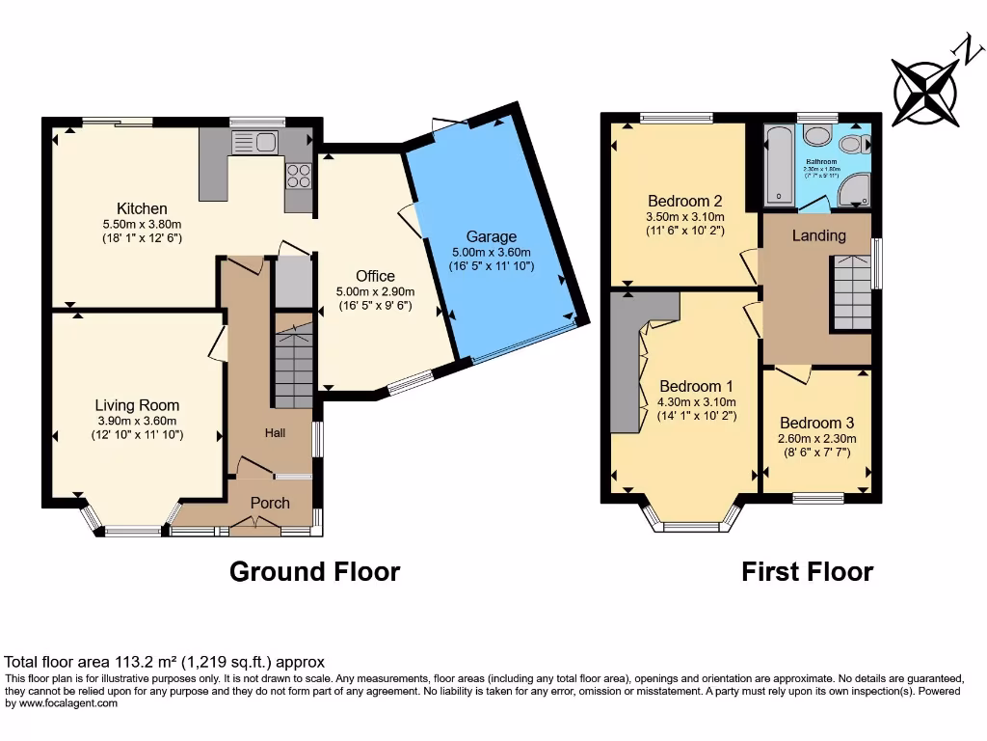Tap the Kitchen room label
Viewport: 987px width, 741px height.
[x=142, y=208]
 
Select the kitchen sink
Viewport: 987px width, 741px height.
[x=254, y=144]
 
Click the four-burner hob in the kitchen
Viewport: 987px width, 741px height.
[x=299, y=176]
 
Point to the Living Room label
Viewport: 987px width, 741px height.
[x=137, y=405]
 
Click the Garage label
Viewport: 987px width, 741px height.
[x=492, y=236]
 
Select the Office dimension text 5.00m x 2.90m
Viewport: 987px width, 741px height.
[x=375, y=291]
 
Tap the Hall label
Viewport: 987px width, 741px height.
[x=276, y=433]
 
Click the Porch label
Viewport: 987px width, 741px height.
[x=270, y=503]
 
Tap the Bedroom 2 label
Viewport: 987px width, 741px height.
[x=685, y=202]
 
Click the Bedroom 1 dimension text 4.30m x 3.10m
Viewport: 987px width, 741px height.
[x=696, y=402]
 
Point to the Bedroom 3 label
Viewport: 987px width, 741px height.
[x=816, y=423]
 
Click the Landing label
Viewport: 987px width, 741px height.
[x=819, y=235]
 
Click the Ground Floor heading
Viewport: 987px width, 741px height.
[x=314, y=571]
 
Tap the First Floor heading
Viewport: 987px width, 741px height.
[x=807, y=571]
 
